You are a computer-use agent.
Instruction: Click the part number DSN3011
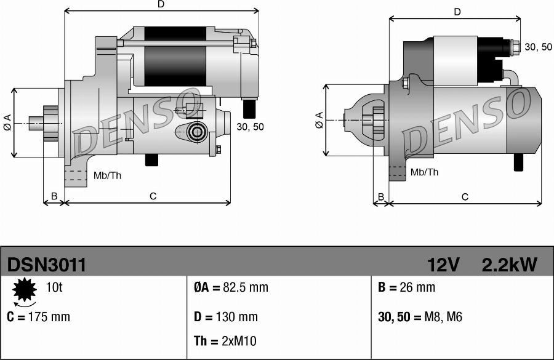[47, 265]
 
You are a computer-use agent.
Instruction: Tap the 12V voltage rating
[443, 265]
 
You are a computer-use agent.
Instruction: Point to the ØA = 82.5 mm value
[231, 287]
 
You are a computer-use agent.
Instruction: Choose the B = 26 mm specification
[406, 287]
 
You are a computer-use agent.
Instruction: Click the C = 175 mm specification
[39, 317]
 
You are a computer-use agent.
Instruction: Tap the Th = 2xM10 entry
[225, 342]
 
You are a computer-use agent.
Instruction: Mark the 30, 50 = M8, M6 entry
[419, 317]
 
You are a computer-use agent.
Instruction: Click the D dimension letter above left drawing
[161, 4]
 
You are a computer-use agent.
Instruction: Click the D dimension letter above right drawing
[457, 12]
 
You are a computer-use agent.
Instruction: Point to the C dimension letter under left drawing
[153, 196]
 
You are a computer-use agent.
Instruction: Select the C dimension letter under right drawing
[465, 197]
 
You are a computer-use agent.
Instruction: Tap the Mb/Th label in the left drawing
[107, 175]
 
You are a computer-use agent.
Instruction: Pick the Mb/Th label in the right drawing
[424, 172]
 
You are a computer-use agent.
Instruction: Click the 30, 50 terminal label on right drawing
[539, 47]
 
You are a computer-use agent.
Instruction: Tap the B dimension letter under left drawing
[54, 196]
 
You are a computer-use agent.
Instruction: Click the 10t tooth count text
[54, 287]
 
